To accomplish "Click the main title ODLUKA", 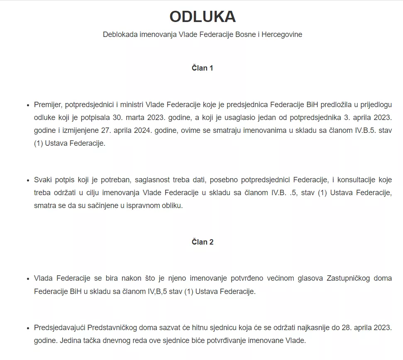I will [x=203, y=17].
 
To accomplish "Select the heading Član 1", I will [x=203, y=68].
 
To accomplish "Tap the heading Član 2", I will [x=203, y=242].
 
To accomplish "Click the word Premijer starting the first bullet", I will [x=47, y=105].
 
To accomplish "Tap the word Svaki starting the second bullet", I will [x=43, y=180].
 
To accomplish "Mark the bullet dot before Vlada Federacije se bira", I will [x=28, y=279].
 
